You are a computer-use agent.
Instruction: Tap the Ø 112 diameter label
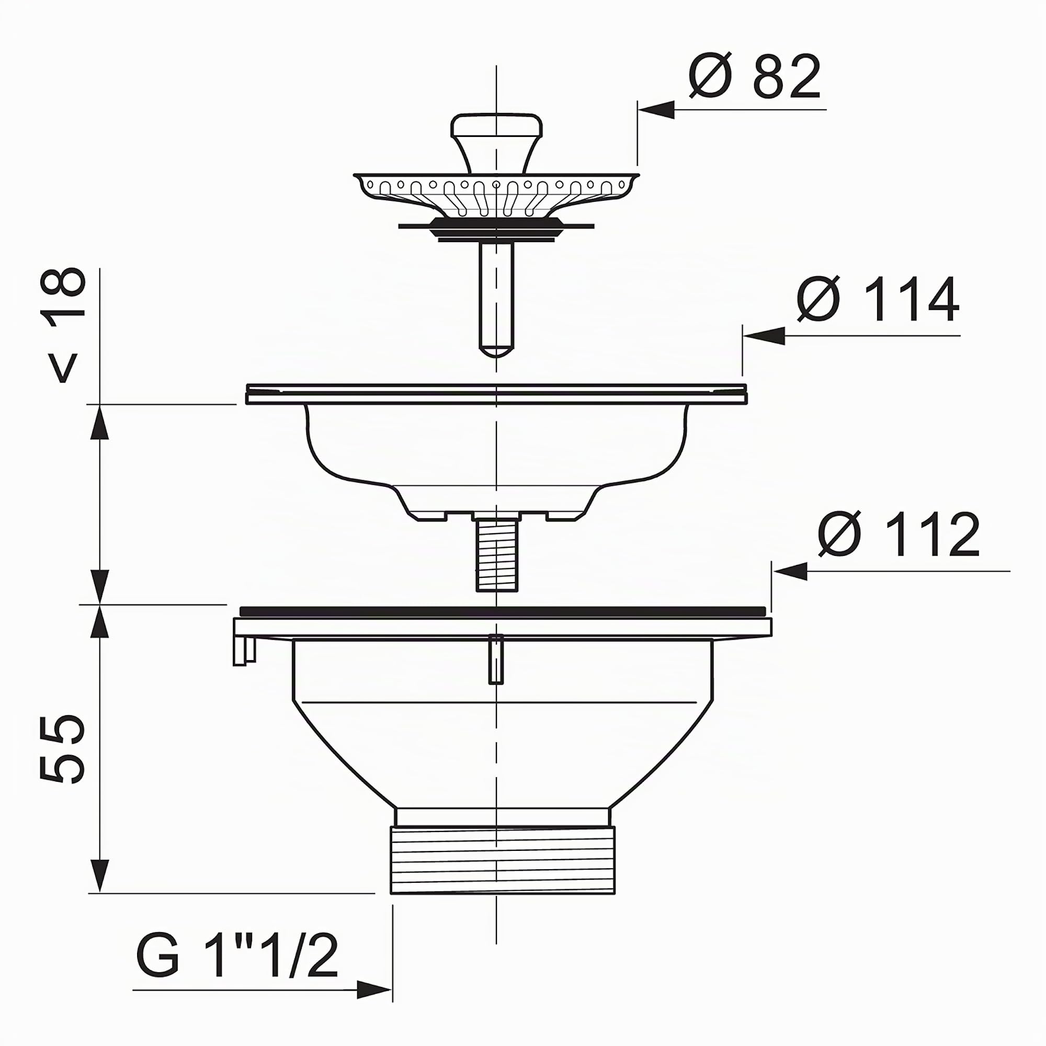(x=899, y=535)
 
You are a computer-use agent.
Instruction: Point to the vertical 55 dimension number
(x=63, y=749)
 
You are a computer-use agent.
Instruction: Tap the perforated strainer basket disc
(x=496, y=195)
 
